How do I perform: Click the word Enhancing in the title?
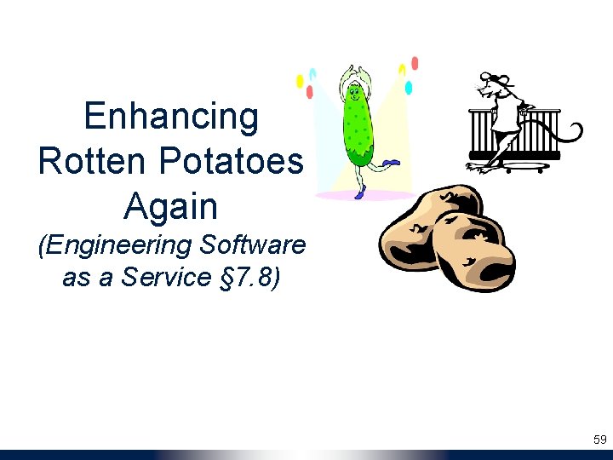point(171,117)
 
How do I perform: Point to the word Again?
point(171,206)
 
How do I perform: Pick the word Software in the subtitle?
point(252,245)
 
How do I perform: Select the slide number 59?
point(599,440)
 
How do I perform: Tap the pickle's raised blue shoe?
point(391,162)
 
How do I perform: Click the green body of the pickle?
point(358,132)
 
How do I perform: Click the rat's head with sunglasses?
point(494,85)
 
